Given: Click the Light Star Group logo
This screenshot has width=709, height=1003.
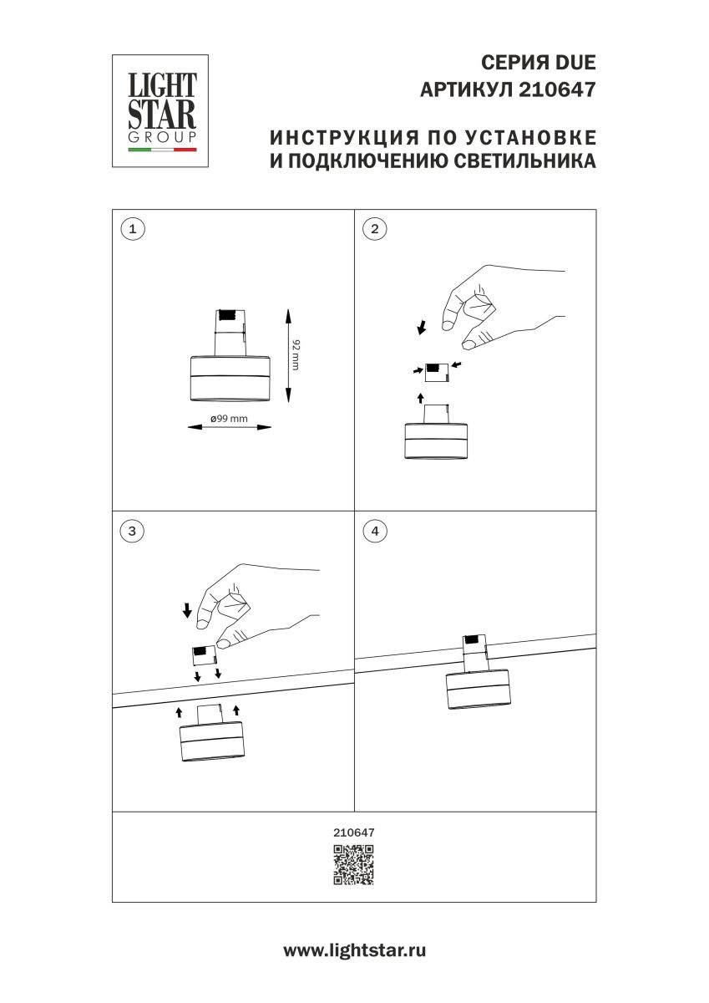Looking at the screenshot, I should pyautogui.click(x=160, y=111).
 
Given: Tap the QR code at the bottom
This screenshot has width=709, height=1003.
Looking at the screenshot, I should pyautogui.click(x=354, y=865).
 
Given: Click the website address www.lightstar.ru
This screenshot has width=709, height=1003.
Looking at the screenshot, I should pyautogui.click(x=354, y=950).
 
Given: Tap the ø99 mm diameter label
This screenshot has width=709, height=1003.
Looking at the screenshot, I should pyautogui.click(x=228, y=419).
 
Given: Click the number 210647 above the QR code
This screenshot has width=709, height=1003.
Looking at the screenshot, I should pyautogui.click(x=354, y=832).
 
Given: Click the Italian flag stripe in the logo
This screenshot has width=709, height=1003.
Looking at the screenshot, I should pyautogui.click(x=161, y=150).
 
